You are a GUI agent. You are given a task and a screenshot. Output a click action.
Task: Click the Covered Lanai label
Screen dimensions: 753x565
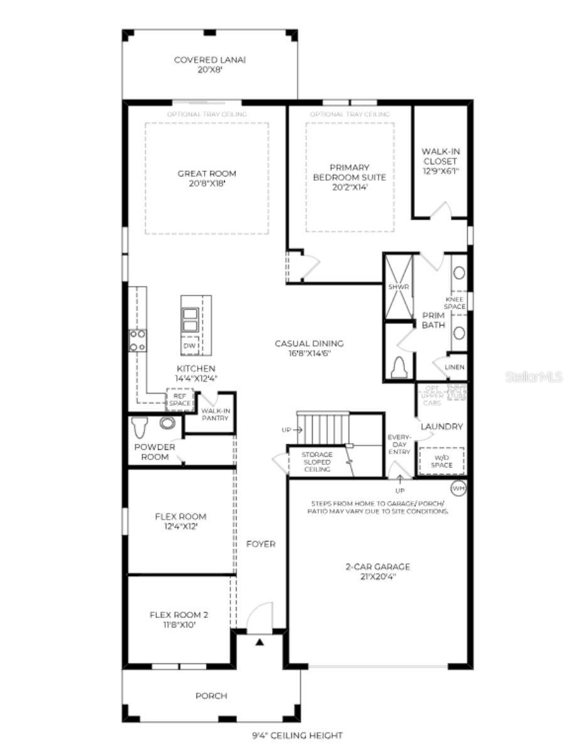[x=209, y=65]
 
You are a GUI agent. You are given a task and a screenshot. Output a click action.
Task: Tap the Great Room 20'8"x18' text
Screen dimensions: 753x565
[x=207, y=179]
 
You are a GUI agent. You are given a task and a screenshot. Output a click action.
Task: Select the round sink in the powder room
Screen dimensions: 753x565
[x=167, y=423]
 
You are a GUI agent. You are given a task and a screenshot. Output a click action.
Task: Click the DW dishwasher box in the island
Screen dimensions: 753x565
[x=190, y=346]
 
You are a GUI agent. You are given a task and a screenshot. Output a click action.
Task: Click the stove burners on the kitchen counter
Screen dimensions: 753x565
[x=137, y=340]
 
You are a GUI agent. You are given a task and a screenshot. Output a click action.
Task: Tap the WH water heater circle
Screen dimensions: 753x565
[x=458, y=488]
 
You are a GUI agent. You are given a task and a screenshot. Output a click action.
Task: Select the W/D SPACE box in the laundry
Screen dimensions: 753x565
[x=442, y=461]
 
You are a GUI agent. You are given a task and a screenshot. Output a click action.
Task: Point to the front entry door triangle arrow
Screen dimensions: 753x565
[x=259, y=642]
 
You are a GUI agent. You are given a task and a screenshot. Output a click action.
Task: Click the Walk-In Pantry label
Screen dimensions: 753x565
[x=215, y=414]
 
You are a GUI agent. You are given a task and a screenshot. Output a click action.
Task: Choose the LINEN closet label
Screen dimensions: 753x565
[x=455, y=367]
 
